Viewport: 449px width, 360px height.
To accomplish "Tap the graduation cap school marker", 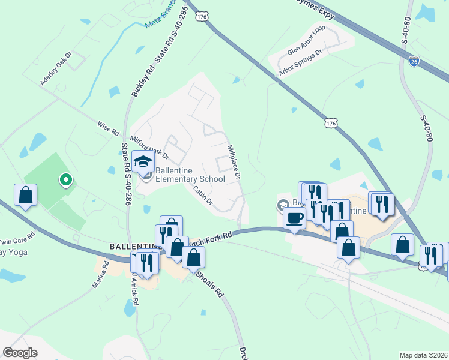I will [143, 161].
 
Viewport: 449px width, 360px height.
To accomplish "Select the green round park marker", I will [65, 179].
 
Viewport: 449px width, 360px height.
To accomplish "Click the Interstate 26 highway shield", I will [414, 61].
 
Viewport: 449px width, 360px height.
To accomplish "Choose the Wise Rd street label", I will [108, 128].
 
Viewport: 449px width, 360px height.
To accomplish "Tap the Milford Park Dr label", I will [149, 148].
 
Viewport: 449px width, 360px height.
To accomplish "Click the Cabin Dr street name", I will [203, 194].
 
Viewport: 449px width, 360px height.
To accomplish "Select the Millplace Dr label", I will [234, 162].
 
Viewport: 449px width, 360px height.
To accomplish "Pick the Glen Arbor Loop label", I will [306, 40].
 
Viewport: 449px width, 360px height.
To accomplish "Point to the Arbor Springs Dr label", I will [300, 62].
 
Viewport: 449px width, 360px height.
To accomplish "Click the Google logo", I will [20, 353].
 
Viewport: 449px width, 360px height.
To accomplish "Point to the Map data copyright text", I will [423, 355].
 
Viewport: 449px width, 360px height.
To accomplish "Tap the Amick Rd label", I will [134, 293].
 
